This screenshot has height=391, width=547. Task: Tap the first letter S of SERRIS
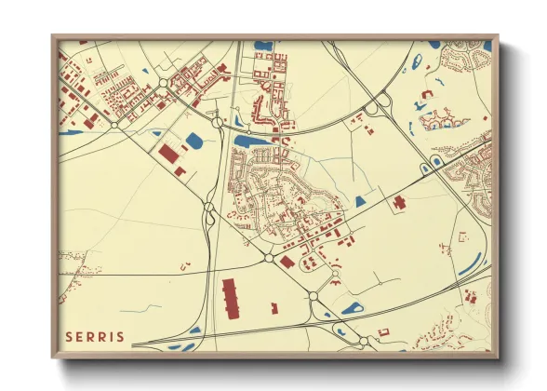click(x=68, y=335)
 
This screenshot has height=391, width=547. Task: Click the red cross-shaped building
click(x=398, y=201)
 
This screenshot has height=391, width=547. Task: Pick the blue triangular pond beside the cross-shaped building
click(x=361, y=201)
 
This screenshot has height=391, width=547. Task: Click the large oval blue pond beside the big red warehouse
click(x=193, y=142)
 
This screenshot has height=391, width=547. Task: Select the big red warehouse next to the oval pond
click(x=168, y=154)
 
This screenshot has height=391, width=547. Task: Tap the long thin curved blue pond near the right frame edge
click(x=470, y=264)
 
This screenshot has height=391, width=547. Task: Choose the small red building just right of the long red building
click(x=273, y=306)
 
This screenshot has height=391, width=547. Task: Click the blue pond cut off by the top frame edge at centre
click(x=262, y=44)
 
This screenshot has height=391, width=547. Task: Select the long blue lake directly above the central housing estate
click(x=252, y=141)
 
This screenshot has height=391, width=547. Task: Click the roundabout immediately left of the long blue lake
click(x=217, y=121)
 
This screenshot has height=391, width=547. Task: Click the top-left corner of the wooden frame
click(x=52, y=36)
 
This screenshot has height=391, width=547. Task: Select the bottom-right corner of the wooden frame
click(x=498, y=357)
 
